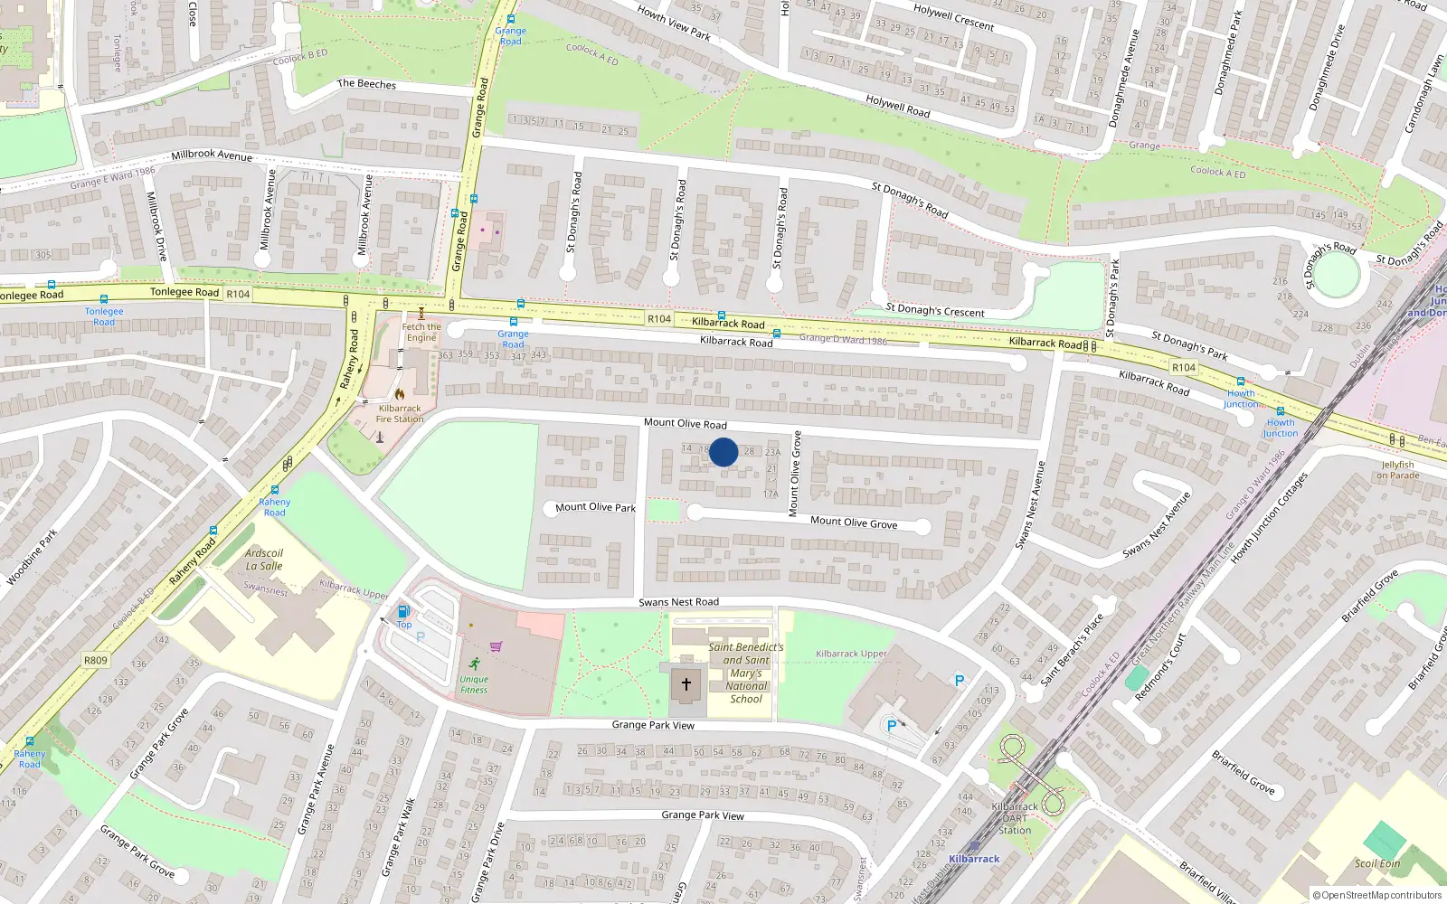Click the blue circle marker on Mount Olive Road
pyautogui.click(x=723, y=452)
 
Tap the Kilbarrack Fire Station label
pyautogui.click(x=400, y=413)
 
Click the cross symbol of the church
pyautogui.click(x=686, y=684)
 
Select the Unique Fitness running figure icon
pyautogui.click(x=475, y=664)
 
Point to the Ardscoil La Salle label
pyautogui.click(x=264, y=560)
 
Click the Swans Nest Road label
pyautogui.click(x=678, y=602)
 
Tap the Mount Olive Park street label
pyautogui.click(x=595, y=507)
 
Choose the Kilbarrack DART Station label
pyautogui.click(x=1015, y=818)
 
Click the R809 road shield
pyautogui.click(x=96, y=660)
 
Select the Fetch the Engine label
pyautogui.click(x=421, y=333)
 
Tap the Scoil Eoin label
pyautogui.click(x=1377, y=863)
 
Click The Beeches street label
pyautogui.click(x=366, y=84)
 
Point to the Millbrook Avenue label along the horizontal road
pyautogui.click(x=212, y=155)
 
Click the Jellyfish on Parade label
pyautogui.click(x=1397, y=470)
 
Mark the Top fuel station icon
pyautogui.click(x=403, y=612)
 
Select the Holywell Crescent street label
pyautogui.click(x=953, y=17)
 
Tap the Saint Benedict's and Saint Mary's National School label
pyautogui.click(x=746, y=673)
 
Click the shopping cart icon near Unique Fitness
pyautogui.click(x=496, y=646)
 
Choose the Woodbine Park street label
pyautogui.click(x=33, y=557)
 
